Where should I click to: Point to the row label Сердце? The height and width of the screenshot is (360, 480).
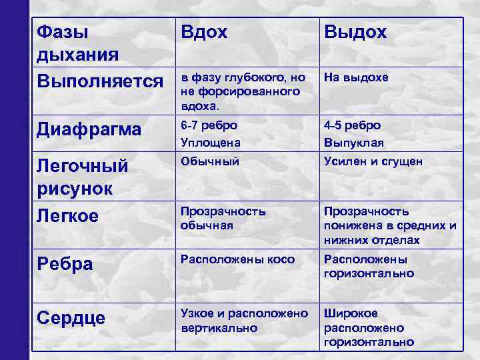click(71, 317)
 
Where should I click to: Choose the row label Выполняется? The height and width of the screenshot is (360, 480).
click(100, 81)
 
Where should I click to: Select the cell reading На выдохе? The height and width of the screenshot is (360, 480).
click(356, 78)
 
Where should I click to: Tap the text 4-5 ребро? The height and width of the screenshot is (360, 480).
click(352, 125)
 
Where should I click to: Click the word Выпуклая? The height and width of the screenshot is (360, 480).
click(353, 143)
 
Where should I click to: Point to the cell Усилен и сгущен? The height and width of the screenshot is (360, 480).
click(373, 161)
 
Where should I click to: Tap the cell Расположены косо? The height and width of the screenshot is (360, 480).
click(237, 259)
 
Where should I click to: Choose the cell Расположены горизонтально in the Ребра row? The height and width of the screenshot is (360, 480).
click(369, 267)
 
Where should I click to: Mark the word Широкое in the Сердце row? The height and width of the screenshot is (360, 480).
click(351, 313)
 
